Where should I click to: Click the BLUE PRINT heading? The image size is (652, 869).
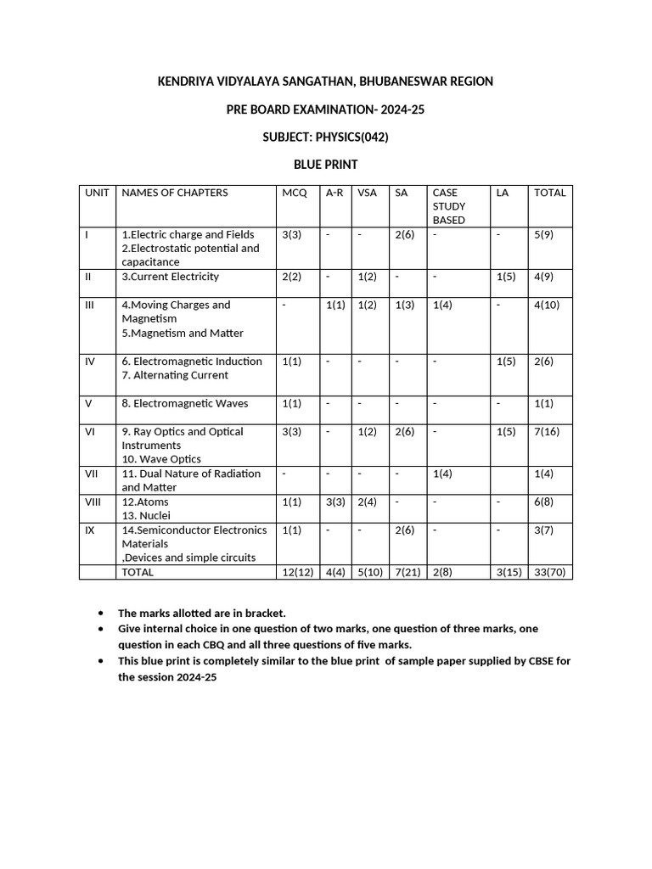(325, 164)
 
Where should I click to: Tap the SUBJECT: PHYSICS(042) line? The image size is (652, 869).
(325, 137)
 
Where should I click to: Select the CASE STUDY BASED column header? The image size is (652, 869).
(449, 206)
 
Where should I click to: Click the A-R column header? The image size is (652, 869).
(334, 193)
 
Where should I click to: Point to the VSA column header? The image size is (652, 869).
(367, 193)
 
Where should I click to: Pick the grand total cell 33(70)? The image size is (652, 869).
(549, 572)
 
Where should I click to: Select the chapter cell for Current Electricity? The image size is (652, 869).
(171, 277)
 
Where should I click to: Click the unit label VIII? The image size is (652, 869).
(93, 502)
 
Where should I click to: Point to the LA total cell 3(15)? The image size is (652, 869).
(509, 572)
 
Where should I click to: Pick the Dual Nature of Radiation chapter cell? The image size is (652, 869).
(191, 480)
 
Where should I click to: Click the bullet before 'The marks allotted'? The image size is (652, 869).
(102, 612)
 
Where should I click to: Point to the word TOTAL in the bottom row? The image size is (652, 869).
(138, 572)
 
